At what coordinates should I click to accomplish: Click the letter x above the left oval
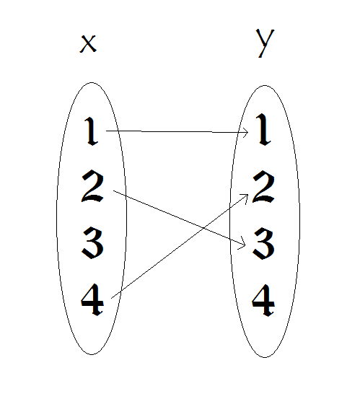[88, 44]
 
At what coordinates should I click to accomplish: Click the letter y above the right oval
[265, 43]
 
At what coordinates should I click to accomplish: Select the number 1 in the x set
[91, 131]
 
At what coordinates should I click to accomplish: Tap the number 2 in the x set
[92, 186]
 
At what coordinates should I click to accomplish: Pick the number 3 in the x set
[92, 243]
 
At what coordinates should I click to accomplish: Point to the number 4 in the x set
[92, 299]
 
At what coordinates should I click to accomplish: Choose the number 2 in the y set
[263, 188]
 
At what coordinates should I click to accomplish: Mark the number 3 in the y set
[263, 244]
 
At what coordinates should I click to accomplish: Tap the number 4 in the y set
[263, 301]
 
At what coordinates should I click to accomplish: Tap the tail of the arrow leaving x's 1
[106, 131]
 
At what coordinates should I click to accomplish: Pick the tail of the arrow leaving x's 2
[113, 190]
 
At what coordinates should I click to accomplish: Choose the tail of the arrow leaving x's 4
[111, 298]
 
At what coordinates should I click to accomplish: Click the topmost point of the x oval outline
[92, 82]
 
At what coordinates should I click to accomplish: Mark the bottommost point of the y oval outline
[265, 358]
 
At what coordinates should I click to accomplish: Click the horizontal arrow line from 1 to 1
[177, 131]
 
